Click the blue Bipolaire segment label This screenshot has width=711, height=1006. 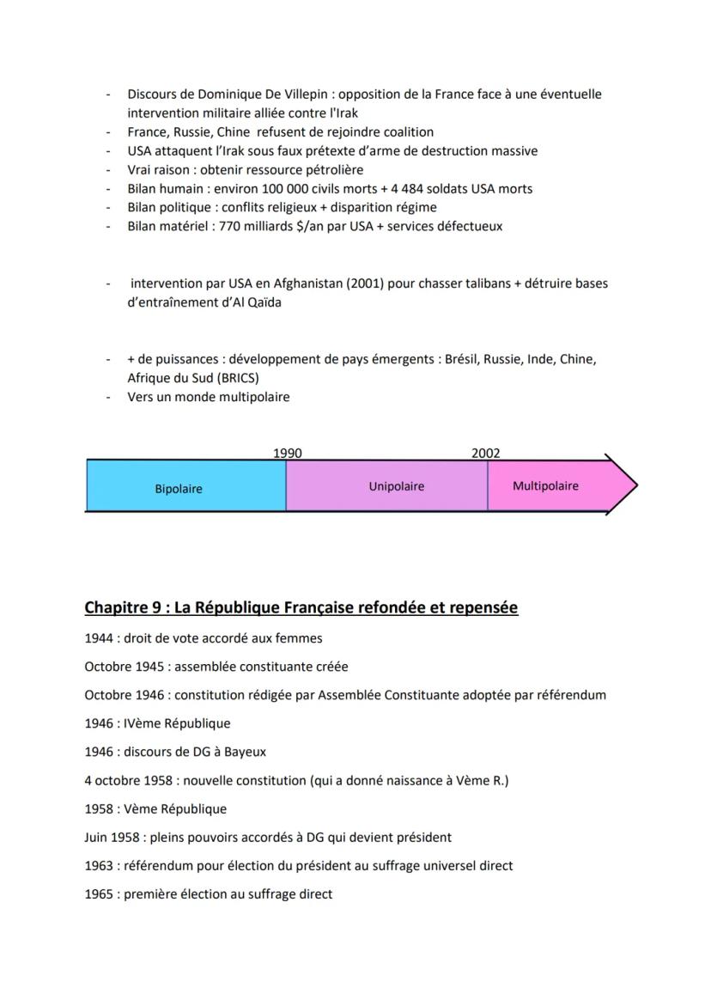tap(179, 489)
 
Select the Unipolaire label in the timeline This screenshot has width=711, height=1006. tap(396, 486)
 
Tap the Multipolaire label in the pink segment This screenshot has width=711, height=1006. tap(545, 486)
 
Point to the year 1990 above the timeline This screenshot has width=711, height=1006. tap(288, 454)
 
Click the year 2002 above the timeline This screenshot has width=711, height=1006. tap(485, 454)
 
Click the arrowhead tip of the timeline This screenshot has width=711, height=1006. tap(636, 486)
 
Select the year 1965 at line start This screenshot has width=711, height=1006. tap(99, 894)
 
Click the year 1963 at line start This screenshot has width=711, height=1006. tap(99, 866)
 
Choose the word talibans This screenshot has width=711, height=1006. tap(483, 284)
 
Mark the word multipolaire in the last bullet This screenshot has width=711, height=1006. tap(250, 397)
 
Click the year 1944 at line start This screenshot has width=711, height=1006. tap(99, 638)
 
